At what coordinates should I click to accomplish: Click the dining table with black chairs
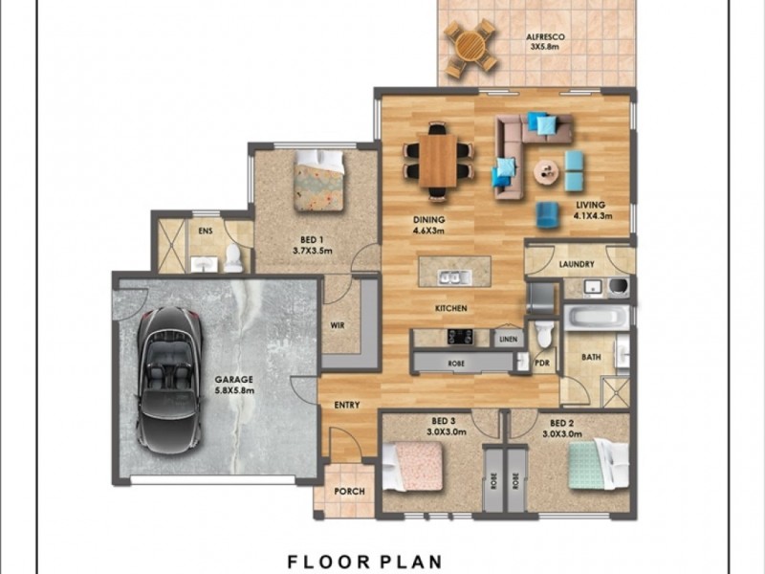tap(438, 159)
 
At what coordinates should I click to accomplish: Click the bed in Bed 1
tap(317, 180)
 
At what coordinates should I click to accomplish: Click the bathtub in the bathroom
tap(595, 317)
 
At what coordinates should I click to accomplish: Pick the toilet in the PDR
tap(544, 335)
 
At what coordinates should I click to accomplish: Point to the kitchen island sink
tap(449, 278)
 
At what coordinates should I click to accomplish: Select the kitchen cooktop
tap(457, 336)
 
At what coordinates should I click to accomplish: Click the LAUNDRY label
tap(577, 264)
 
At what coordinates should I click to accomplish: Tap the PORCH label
tap(347, 493)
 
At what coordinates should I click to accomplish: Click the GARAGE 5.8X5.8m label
tap(233, 385)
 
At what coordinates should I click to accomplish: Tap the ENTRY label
tap(346, 405)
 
